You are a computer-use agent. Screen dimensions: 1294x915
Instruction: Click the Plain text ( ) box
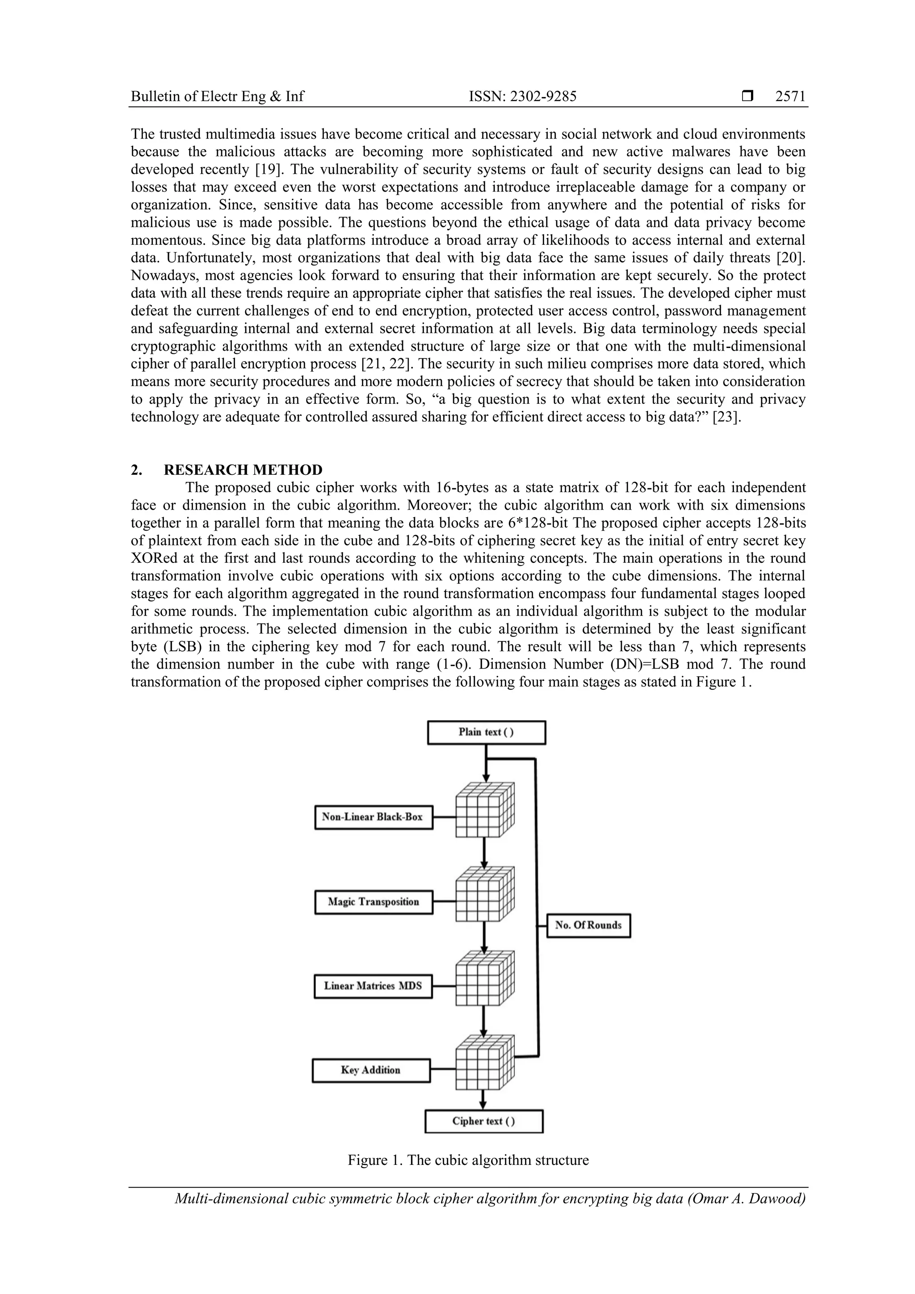point(486,732)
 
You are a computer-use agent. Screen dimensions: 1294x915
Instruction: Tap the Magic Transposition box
point(373,902)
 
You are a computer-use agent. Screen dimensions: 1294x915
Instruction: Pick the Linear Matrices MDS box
point(373,986)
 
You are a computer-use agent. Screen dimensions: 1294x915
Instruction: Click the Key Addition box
point(370,1070)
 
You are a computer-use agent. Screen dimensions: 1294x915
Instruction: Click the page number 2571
point(790,97)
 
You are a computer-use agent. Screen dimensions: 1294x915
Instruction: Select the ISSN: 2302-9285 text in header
point(523,97)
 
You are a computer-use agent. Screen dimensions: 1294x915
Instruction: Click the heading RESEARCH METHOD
point(243,469)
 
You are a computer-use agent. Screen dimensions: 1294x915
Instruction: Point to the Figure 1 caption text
point(468,1160)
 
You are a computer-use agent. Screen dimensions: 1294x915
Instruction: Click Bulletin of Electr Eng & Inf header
point(217,97)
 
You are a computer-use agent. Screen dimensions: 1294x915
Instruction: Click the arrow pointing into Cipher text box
point(483,1102)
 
